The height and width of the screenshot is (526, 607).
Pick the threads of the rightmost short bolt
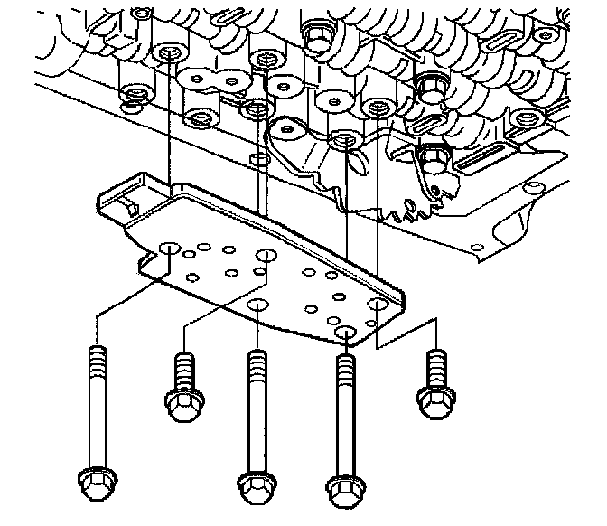pos(435,363)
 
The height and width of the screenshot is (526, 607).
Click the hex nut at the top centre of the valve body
pos(317,35)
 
